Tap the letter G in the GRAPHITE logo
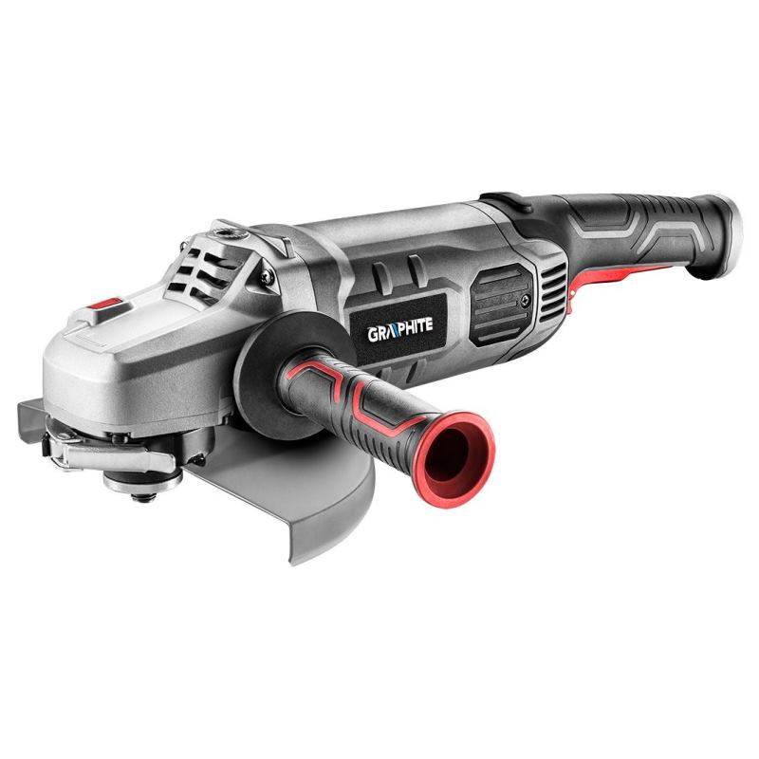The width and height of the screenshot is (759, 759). [373, 335]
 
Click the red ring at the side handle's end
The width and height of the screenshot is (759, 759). [454, 459]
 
